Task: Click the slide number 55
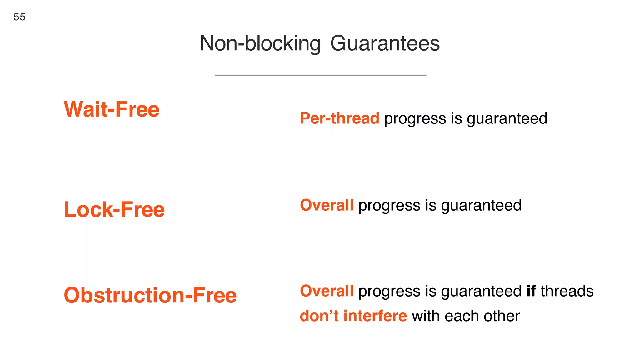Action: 19,17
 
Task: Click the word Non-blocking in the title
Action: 260,43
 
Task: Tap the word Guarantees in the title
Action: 385,43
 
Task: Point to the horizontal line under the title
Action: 320,75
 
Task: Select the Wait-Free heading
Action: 112,109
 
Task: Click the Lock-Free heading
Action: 114,209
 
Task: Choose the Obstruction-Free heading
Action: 150,295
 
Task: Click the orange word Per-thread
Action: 339,118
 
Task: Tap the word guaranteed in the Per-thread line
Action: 507,119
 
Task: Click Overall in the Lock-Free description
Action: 327,205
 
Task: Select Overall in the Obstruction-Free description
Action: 327,291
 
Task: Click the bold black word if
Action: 531,291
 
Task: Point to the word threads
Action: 567,291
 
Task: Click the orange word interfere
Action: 375,316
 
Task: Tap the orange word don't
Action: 319,316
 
